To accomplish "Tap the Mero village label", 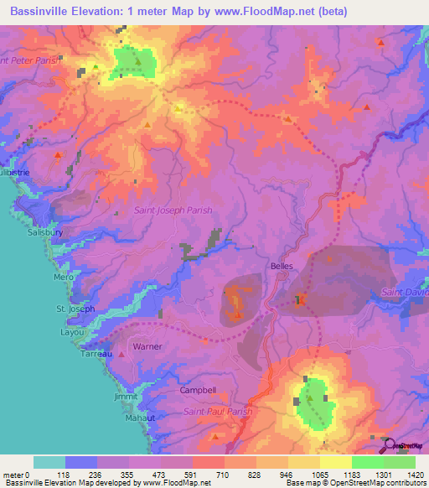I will (64, 277).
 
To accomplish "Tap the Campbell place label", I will (198, 390).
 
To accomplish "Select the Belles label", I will (281, 267).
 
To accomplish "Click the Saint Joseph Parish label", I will (173, 210).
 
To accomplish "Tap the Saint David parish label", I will (406, 292).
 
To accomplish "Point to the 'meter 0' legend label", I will (16, 475).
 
